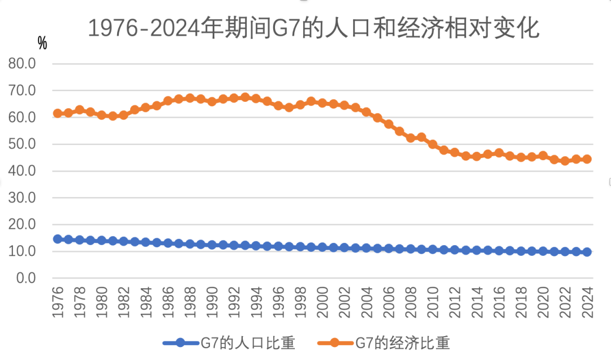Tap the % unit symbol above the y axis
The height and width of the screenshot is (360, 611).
(42, 42)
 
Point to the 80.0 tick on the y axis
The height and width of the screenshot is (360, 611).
(23, 64)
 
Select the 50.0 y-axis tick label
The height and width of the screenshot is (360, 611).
(23, 144)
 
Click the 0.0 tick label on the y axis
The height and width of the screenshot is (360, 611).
(25, 278)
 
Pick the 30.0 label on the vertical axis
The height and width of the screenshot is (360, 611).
(23, 198)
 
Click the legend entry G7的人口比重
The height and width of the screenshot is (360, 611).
(229, 342)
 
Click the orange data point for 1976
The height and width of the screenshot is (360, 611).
(58, 113)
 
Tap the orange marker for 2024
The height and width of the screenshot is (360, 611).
(587, 159)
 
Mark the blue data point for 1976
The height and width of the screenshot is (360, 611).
(58, 239)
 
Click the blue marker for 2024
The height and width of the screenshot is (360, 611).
(587, 252)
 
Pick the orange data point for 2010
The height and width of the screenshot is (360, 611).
(433, 144)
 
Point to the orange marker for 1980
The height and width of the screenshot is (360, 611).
(102, 115)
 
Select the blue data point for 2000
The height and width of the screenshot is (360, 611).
(322, 247)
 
